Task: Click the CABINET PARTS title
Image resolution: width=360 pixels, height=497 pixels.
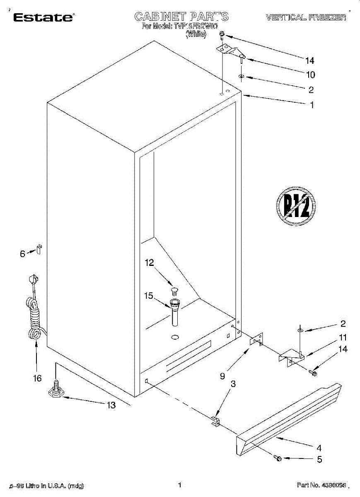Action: tap(181, 17)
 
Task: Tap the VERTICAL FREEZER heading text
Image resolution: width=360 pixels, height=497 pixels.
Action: tap(306, 17)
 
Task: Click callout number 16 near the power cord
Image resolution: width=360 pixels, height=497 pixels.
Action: tap(37, 378)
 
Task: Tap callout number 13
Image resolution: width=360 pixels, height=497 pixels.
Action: tap(111, 405)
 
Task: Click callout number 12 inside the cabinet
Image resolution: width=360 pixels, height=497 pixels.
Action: tap(149, 263)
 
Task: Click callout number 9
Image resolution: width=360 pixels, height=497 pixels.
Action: tap(222, 376)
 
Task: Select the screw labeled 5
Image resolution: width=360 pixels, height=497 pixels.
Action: tap(278, 458)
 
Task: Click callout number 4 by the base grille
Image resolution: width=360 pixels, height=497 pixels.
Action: tap(319, 447)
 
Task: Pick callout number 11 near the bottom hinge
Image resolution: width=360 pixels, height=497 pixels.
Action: tap(343, 337)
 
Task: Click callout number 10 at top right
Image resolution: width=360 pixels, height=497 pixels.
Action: tap(310, 75)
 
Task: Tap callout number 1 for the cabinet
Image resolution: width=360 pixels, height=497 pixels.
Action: tap(312, 105)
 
